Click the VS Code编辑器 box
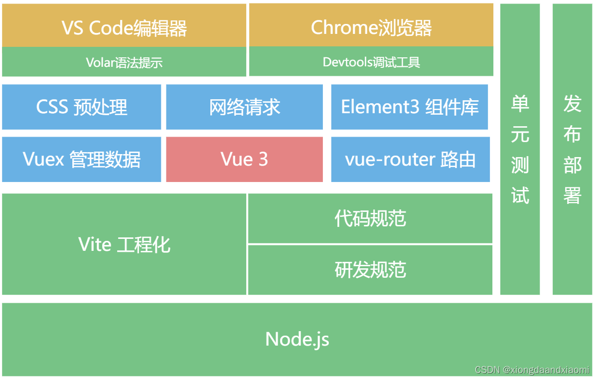tap(124, 27)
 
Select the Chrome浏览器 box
tap(371, 27)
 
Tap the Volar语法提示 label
tap(124, 62)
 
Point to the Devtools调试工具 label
tap(371, 62)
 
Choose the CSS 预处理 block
tap(82, 107)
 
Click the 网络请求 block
tap(245, 107)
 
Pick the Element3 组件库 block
tap(410, 107)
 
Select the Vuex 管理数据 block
tap(82, 160)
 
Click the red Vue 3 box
tap(245, 160)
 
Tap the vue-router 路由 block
tap(410, 160)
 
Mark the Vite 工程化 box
tap(124, 244)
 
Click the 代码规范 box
tap(370, 218)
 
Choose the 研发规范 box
tap(370, 270)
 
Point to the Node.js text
tap(297, 339)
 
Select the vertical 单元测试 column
tap(520, 150)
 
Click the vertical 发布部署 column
tap(573, 150)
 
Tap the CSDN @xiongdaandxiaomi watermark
tap(532, 370)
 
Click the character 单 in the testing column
tap(520, 104)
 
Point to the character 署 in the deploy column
tap(573, 195)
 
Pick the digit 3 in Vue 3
tap(263, 160)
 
